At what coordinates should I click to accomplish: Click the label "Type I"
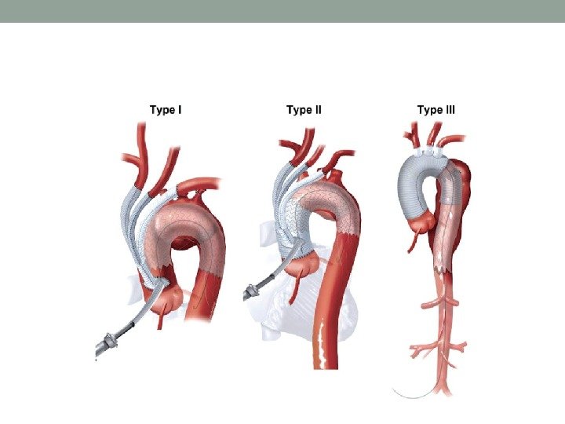pyautogui.click(x=166, y=110)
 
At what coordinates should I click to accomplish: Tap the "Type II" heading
pyautogui.click(x=304, y=110)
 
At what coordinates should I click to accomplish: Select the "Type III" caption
pyautogui.click(x=436, y=110)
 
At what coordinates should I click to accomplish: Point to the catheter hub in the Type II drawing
pyautogui.click(x=252, y=292)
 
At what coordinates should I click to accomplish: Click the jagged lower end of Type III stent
pyautogui.click(x=444, y=267)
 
